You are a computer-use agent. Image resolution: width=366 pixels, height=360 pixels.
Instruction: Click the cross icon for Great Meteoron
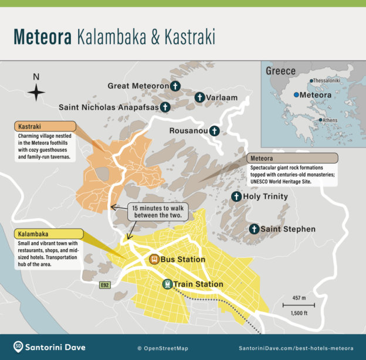[x=175, y=86]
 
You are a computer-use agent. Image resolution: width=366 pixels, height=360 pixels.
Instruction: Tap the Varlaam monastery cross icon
[x=199, y=97]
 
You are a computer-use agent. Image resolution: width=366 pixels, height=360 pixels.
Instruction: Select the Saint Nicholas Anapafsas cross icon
[x=166, y=107]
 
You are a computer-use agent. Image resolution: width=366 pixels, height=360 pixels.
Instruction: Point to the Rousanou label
[x=188, y=131]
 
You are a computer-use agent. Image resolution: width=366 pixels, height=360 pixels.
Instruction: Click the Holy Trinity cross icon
[x=236, y=196]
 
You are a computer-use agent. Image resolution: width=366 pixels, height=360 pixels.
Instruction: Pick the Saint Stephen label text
[x=288, y=229]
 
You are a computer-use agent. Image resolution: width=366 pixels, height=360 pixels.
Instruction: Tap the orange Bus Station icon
[x=154, y=259]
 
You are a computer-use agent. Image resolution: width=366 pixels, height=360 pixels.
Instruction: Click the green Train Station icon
[x=167, y=284]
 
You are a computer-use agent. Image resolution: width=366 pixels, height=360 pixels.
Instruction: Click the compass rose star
[x=36, y=93]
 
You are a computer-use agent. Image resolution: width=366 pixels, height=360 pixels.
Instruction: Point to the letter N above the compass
[x=36, y=77]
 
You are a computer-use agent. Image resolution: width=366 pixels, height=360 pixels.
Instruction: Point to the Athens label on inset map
[x=330, y=120]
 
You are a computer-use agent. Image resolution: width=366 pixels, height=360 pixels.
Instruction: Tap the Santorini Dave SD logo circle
[x=18, y=347]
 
